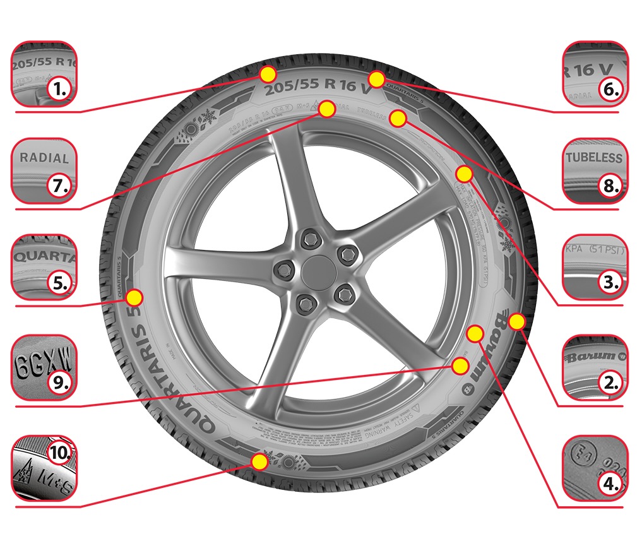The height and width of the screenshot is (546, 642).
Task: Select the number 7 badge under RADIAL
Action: [x=61, y=186]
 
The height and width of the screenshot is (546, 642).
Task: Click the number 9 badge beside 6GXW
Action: [x=61, y=381]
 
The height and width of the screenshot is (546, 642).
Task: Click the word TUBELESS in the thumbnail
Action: [x=594, y=157]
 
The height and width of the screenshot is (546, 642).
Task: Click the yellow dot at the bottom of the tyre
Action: [x=259, y=461]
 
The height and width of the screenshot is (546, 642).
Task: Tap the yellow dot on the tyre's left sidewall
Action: [x=134, y=297]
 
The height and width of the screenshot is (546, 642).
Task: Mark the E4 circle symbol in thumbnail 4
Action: [x=581, y=456]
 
